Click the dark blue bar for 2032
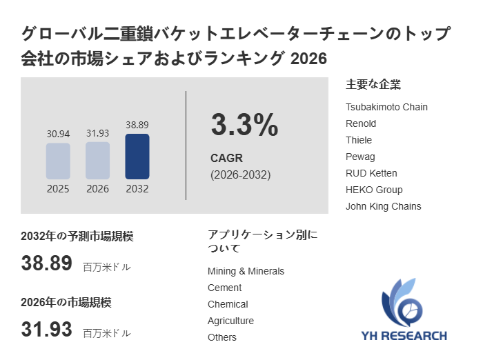[137, 157]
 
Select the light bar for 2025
[58, 161]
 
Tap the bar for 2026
[98, 161]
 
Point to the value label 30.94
[58, 134]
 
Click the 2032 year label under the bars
[137, 189]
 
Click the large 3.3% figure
[244, 124]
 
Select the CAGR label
[226, 159]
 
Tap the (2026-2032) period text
[241, 175]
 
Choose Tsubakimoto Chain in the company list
[386, 107]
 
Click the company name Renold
[361, 124]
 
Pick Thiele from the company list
[359, 141]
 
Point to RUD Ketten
[371, 173]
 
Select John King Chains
[383, 206]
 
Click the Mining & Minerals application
[246, 271]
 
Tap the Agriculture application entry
[230, 321]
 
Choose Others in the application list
[222, 337]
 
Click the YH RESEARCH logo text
[404, 336]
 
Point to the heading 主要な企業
[373, 84]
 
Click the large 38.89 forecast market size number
[46, 263]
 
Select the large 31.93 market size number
[46, 329]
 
